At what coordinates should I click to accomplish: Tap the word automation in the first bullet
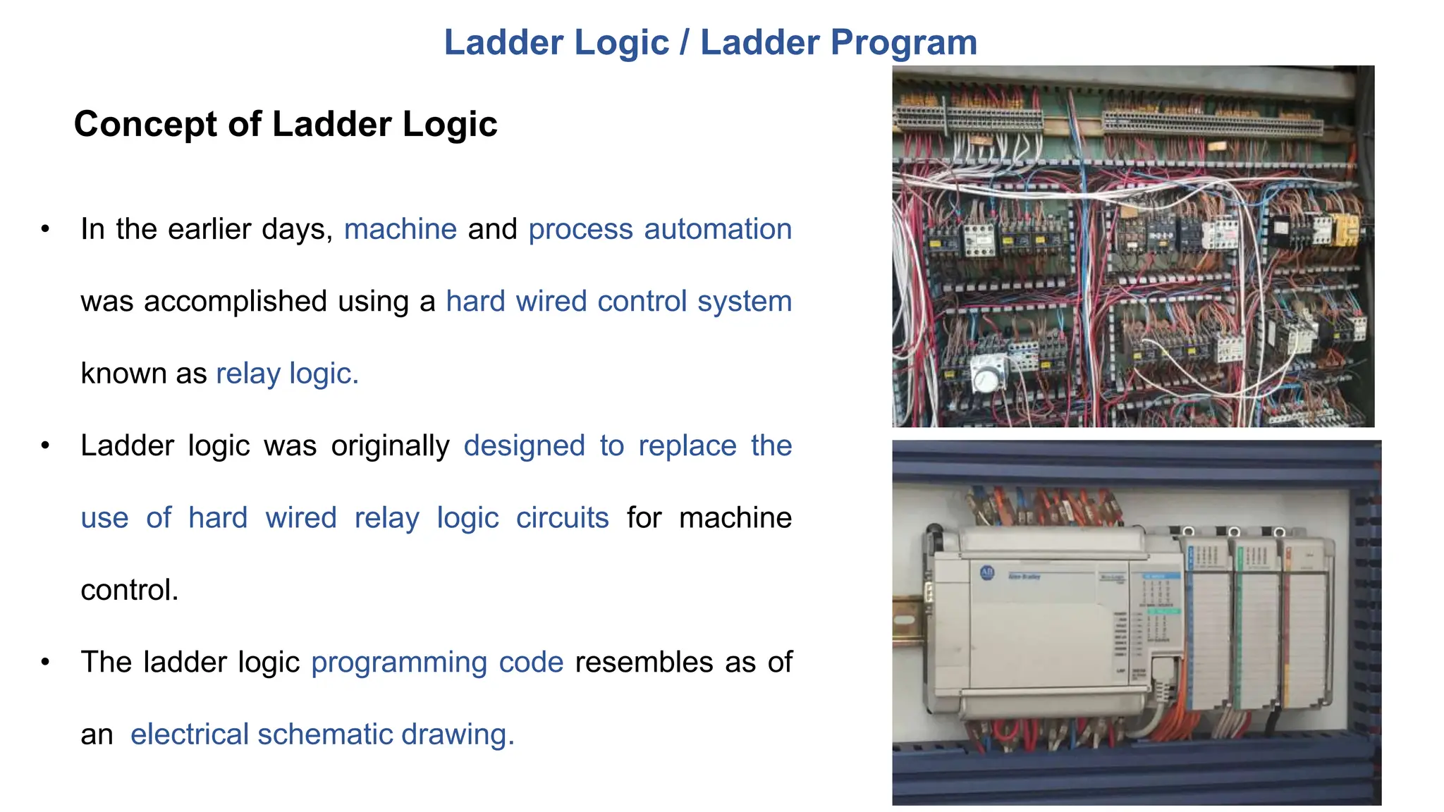coord(718,229)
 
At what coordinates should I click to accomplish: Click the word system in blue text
coord(745,302)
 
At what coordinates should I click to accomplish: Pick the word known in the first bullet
coord(123,374)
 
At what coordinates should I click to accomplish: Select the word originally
coord(390,445)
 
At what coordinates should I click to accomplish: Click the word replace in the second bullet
coord(687,445)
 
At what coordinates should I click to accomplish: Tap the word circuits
coord(562,518)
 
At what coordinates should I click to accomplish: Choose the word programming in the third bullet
coord(399,663)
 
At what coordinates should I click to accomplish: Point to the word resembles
coord(644,663)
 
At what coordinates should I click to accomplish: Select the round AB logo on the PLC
coord(987,573)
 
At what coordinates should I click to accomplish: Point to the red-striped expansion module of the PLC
coord(1306,627)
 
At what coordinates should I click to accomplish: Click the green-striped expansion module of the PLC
coord(1256,627)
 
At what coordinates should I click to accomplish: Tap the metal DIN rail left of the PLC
coord(909,620)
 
